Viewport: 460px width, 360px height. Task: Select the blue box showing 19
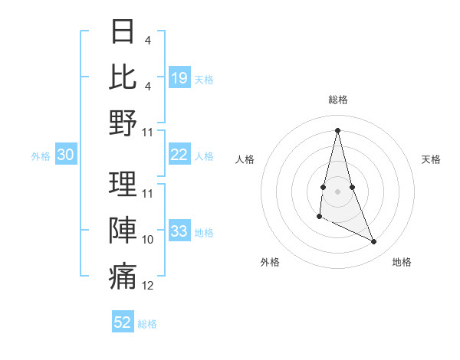coord(179,77)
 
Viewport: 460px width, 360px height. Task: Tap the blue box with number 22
coord(179,155)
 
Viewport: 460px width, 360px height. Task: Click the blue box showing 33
coord(179,231)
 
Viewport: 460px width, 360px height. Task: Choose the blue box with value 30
coord(65,155)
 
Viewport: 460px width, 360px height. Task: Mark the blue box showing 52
coord(123,322)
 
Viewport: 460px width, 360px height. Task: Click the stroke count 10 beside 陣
coord(148,240)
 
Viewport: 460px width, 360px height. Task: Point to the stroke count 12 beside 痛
coord(148,286)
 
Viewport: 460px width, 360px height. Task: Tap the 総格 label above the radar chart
coord(337,100)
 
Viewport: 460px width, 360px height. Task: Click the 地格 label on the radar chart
coord(402,262)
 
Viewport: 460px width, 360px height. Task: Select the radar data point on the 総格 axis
coord(337,129)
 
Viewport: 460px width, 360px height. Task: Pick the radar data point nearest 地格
coord(374,242)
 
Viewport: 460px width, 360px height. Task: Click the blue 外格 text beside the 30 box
coord(41,156)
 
